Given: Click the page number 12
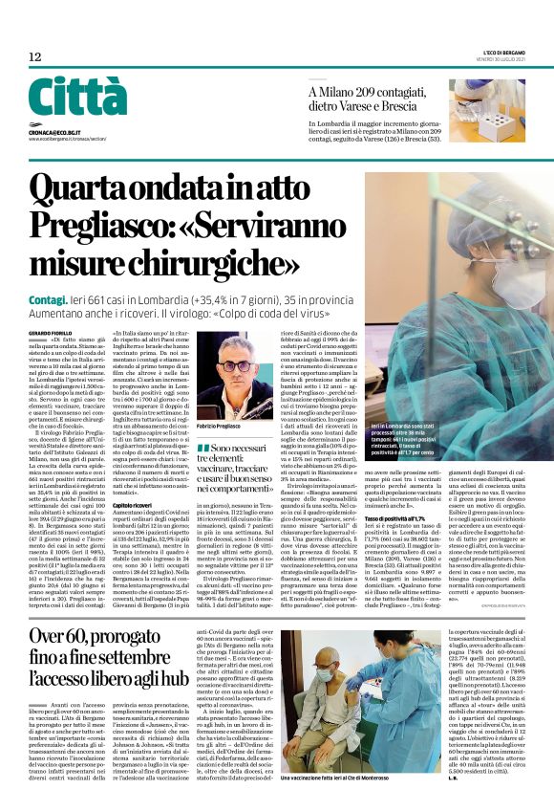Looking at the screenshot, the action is (x=34, y=57).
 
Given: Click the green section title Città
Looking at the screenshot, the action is (x=77, y=99).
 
